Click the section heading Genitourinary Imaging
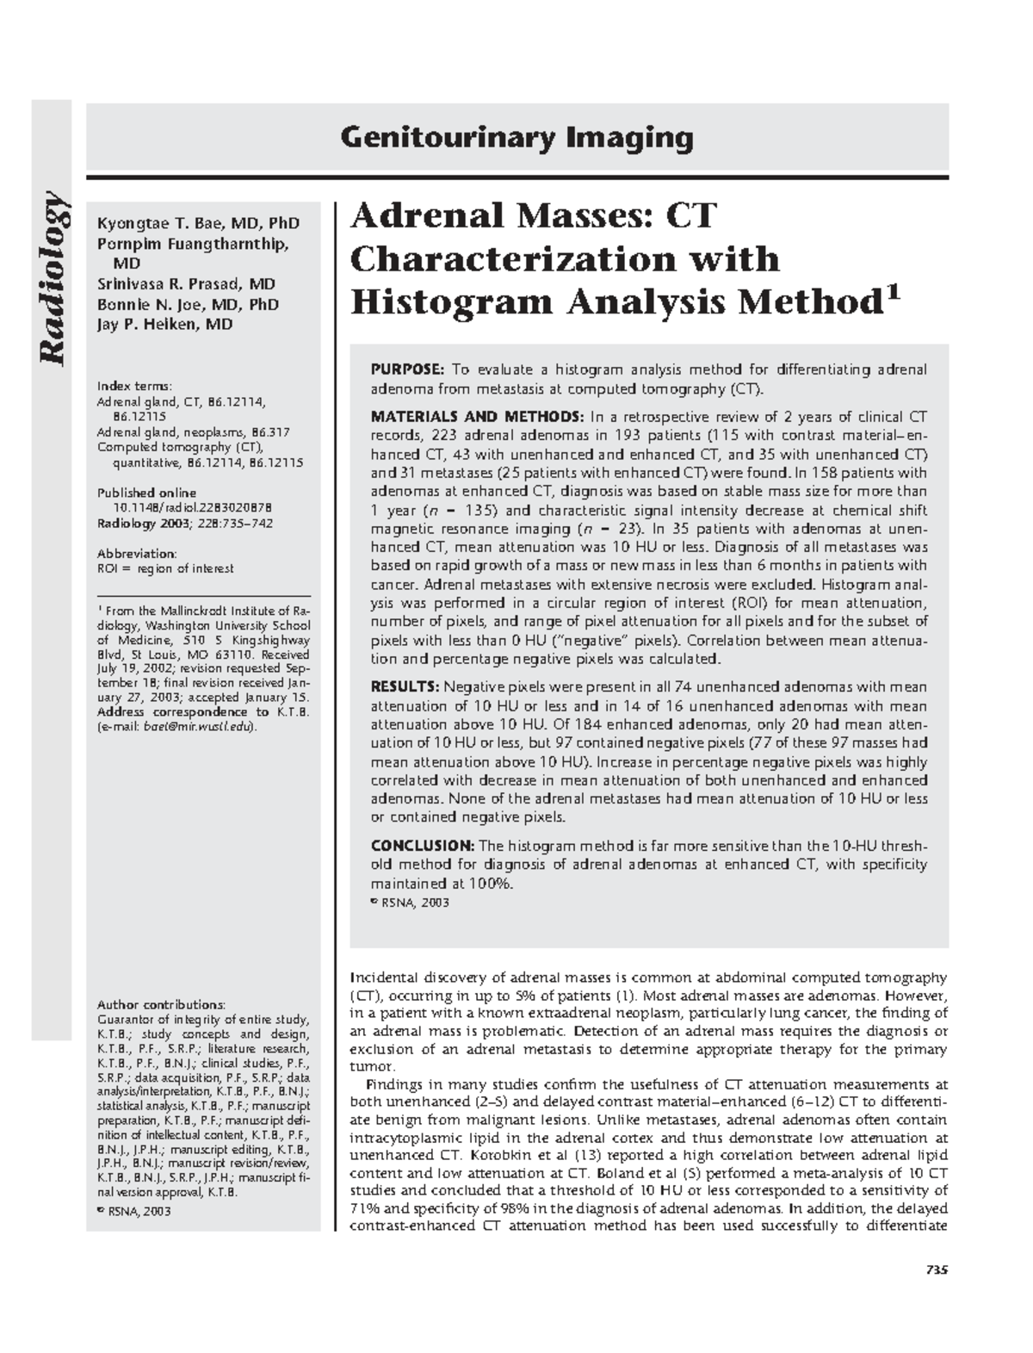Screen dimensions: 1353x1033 516,138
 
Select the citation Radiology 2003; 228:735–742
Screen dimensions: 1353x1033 185,524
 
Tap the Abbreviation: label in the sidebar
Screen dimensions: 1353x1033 137,553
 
